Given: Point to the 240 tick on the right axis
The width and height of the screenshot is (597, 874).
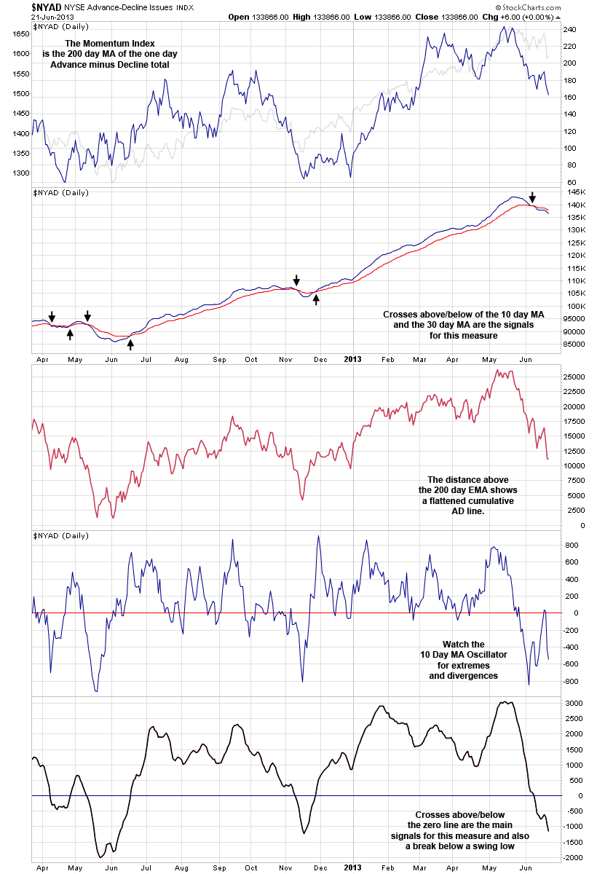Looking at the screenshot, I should [x=570, y=30].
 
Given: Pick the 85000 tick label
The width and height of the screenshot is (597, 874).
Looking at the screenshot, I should [x=577, y=345].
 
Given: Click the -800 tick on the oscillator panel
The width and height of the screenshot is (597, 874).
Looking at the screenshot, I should [x=571, y=682].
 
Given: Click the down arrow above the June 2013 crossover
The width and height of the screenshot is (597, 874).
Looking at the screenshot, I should [x=532, y=197].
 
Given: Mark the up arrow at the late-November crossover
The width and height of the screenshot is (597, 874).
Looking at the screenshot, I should [x=316, y=299].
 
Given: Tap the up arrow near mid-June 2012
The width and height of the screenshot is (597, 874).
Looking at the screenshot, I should [x=131, y=344].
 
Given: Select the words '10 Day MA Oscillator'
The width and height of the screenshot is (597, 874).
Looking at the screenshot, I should [x=464, y=655].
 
